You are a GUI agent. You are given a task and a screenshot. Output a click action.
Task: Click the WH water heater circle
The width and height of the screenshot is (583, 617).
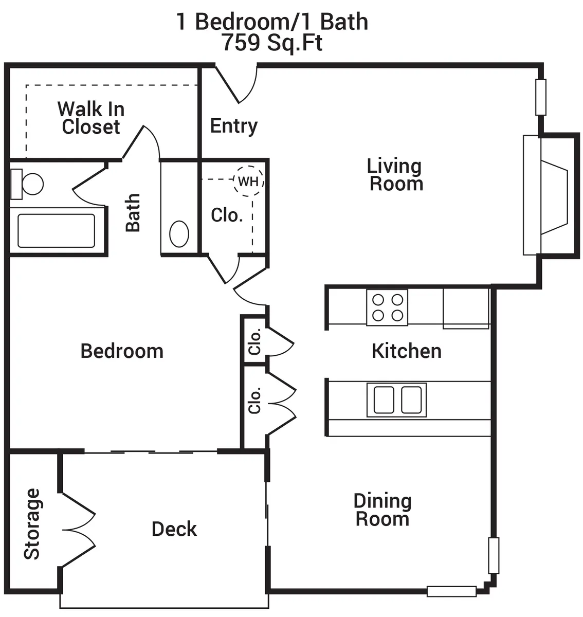point(248,167)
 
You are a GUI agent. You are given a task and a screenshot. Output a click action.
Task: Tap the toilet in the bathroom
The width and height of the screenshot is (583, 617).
point(27,184)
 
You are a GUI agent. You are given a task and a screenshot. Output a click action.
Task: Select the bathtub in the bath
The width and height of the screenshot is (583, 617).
point(56,230)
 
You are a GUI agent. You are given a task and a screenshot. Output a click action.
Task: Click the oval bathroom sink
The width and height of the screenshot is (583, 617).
point(179,234)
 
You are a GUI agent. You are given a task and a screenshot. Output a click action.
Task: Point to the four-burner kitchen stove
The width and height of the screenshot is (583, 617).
point(387,307)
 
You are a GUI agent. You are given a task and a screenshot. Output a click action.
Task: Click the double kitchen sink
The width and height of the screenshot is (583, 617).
point(396,400)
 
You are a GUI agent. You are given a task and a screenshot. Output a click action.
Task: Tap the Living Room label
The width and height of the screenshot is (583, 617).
point(395,175)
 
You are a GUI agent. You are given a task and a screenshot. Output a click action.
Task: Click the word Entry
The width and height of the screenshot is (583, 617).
point(234,126)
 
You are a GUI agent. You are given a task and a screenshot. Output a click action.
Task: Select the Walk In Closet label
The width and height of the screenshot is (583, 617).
point(91,118)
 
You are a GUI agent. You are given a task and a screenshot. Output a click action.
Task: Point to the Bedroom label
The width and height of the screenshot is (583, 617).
point(122,351)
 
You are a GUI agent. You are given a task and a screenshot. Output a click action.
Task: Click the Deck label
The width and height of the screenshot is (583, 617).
point(174,529)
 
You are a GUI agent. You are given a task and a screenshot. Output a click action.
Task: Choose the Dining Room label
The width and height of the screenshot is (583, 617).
point(382,510)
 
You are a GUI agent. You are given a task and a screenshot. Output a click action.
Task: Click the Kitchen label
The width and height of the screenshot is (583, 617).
point(407,351)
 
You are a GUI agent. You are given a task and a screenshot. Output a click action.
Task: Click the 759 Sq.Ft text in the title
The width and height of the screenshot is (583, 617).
point(272,43)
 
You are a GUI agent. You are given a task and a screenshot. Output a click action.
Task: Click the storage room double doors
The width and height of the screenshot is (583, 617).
point(78,529)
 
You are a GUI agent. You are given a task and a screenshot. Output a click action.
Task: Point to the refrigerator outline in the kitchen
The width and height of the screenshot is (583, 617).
point(466,308)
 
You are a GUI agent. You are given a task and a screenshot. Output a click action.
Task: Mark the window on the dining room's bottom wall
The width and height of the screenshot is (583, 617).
point(451,591)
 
